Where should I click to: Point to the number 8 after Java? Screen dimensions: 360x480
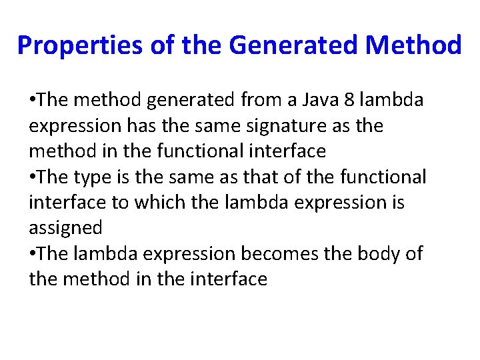[x=349, y=100]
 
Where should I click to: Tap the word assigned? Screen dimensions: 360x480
[x=65, y=229]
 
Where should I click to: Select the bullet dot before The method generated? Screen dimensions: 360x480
[x=33, y=101]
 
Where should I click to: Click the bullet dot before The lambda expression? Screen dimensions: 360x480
[x=33, y=254]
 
